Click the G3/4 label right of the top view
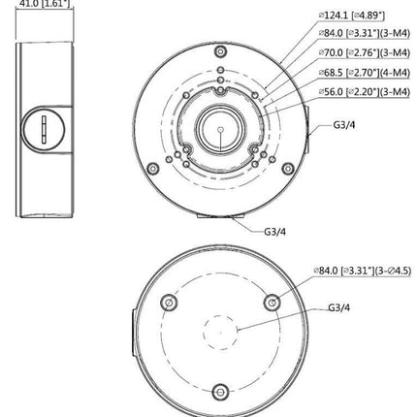pyautogui.click(x=343, y=126)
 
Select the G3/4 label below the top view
pyautogui.click(x=274, y=232)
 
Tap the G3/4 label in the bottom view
pyautogui.click(x=338, y=306)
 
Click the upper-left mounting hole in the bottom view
pyautogui.click(x=170, y=304)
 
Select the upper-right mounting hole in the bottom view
pyautogui.click(x=272, y=304)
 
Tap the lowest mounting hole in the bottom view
pyautogui.click(x=220, y=392)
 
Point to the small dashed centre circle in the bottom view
pyautogui.click(x=220, y=333)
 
